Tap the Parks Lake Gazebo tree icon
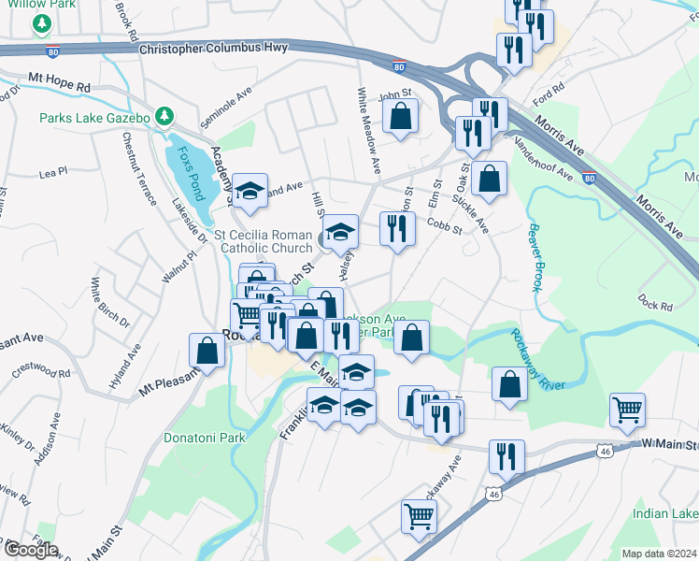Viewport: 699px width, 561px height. pyautogui.click(x=165, y=116)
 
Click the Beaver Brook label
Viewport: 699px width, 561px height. pyautogui.click(x=535, y=257)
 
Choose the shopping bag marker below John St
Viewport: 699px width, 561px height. pyautogui.click(x=400, y=118)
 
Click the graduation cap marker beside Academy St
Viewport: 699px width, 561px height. pyautogui.click(x=250, y=192)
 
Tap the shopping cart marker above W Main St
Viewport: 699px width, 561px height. pyautogui.click(x=627, y=409)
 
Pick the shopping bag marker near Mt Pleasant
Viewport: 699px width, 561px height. pyautogui.click(x=207, y=352)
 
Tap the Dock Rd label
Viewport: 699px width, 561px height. pyautogui.click(x=656, y=304)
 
